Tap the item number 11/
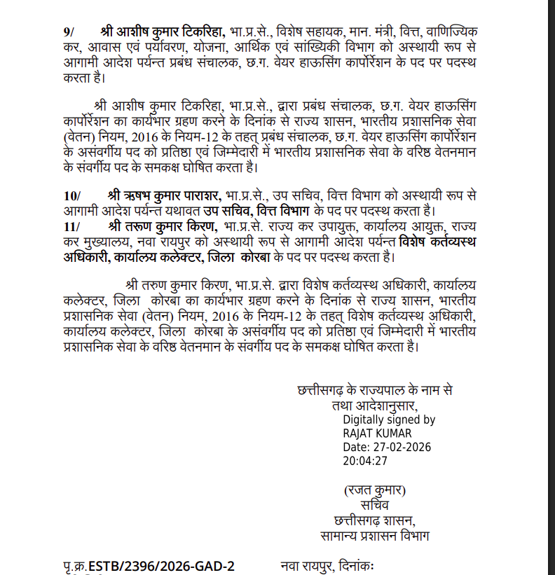coord(71,226)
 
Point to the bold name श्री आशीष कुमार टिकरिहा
coord(163,33)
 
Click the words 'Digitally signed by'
coord(389,420)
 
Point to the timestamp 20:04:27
coord(365,461)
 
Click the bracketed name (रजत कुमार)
coord(374,490)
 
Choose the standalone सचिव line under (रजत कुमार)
coord(374,504)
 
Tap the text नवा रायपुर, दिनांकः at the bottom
coord(329,566)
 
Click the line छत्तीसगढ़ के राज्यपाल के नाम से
coord(375,389)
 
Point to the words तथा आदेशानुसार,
coord(374,405)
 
